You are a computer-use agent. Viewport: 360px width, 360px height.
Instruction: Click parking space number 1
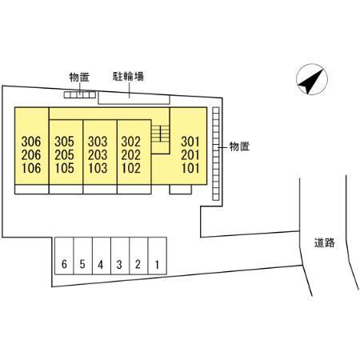tap(158, 256)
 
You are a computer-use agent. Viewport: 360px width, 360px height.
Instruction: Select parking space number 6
tap(64, 256)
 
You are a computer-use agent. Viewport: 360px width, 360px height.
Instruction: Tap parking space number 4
tap(102, 256)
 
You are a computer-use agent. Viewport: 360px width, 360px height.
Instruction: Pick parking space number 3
tap(120, 256)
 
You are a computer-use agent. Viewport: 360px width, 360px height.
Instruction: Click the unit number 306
tap(31, 142)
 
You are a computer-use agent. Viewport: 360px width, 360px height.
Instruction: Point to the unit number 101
tap(190, 168)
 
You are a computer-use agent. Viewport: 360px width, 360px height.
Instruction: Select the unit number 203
tap(98, 155)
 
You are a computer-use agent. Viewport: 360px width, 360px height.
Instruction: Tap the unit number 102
tap(131, 168)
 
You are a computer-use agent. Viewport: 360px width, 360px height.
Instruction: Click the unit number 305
tap(64, 142)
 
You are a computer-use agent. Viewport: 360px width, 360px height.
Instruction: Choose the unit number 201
tap(190, 155)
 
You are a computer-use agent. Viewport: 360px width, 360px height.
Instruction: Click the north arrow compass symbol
tap(312, 79)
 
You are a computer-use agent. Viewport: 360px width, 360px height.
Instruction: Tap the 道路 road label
tap(324, 243)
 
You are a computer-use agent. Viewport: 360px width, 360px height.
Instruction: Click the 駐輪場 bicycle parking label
tap(128, 76)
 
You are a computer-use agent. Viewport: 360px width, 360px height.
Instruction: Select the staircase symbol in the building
tap(160, 134)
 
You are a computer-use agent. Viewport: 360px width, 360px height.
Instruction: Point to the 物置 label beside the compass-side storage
tap(239, 146)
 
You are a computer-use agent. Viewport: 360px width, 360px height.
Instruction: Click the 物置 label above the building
tap(79, 78)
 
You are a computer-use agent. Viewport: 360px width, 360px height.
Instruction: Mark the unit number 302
tap(131, 142)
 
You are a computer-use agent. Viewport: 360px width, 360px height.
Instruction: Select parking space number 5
tap(82, 256)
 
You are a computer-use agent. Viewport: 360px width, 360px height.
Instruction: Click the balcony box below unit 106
tap(32, 189)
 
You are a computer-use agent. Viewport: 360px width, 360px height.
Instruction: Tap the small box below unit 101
tap(181, 189)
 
